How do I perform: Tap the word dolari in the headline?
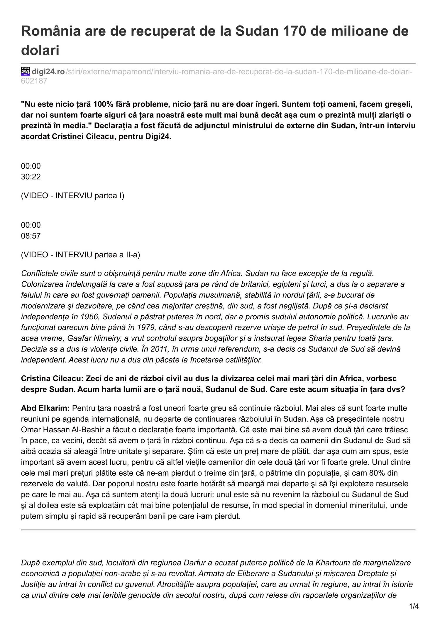(40, 50)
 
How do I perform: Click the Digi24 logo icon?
(26, 71)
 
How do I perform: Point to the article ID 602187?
(34, 81)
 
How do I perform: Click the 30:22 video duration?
(31, 177)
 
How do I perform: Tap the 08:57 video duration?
(31, 236)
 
